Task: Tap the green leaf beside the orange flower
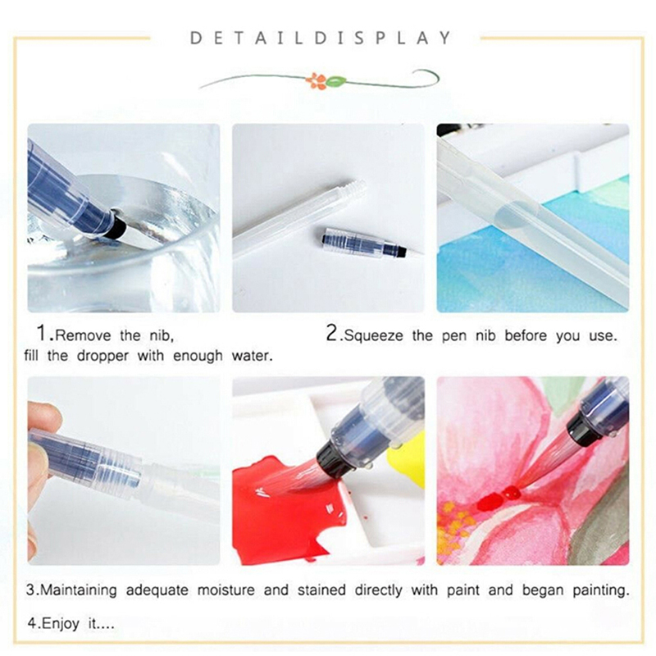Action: point(335,80)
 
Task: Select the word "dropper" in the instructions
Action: point(102,357)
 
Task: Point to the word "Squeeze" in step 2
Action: point(374,336)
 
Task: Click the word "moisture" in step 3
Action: point(226,590)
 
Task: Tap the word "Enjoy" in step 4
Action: point(61,624)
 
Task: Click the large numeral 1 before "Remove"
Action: point(43,333)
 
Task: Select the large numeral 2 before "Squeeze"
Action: point(332,333)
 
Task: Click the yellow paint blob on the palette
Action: point(407,459)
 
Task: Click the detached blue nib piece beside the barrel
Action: point(365,243)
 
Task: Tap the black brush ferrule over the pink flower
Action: point(580,427)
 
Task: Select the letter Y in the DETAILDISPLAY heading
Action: point(444,38)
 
